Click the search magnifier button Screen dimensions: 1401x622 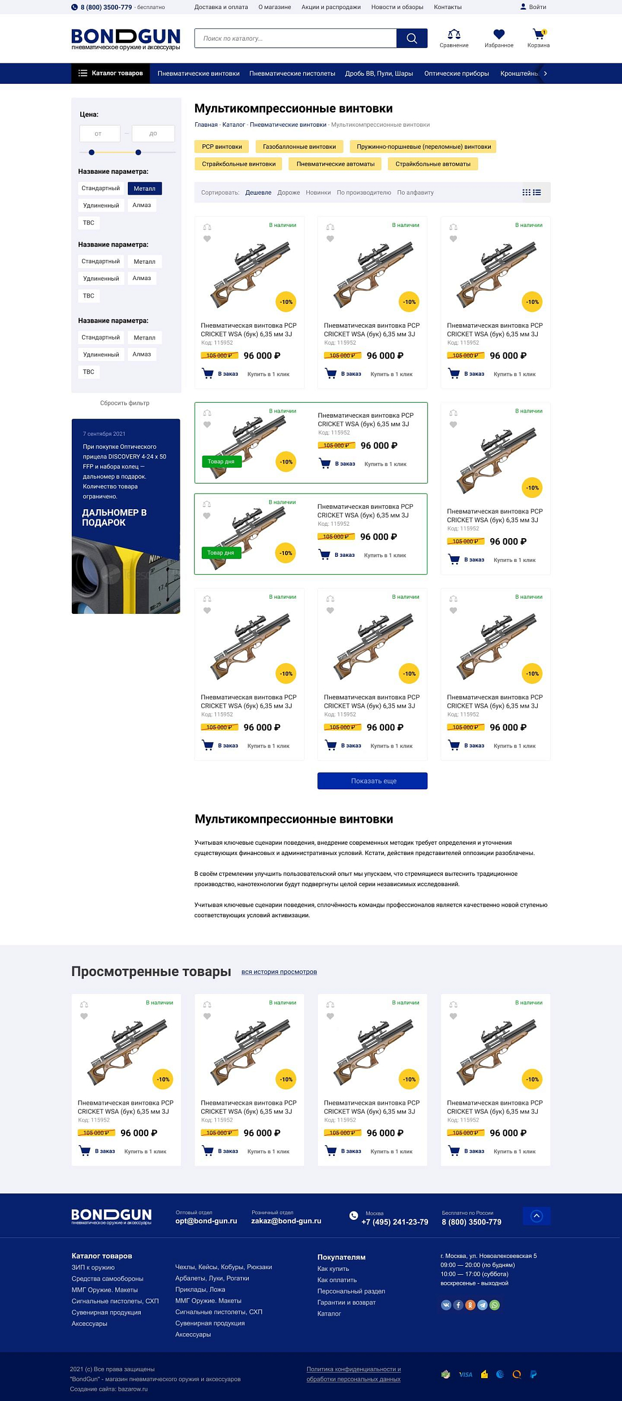pos(412,38)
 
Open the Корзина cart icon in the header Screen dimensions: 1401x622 pos(538,35)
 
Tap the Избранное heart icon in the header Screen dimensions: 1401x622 pos(499,35)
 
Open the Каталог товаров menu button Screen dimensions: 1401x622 pos(111,74)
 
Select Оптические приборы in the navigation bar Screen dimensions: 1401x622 pos(456,74)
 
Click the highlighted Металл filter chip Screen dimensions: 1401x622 pos(144,188)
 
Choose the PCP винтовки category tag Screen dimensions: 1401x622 pos(222,147)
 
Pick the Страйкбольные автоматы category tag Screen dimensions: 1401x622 pos(433,164)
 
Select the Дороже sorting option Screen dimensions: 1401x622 pos(288,193)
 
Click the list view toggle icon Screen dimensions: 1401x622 pos(537,192)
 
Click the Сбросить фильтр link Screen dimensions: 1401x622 pos(124,403)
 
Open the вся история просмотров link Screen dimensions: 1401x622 pos(279,972)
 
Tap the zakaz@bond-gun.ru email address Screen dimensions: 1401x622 pos(286,1221)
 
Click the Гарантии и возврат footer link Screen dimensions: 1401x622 pos(346,1303)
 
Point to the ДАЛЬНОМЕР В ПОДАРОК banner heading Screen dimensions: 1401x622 pos(114,517)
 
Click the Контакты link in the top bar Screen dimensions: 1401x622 pos(447,7)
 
